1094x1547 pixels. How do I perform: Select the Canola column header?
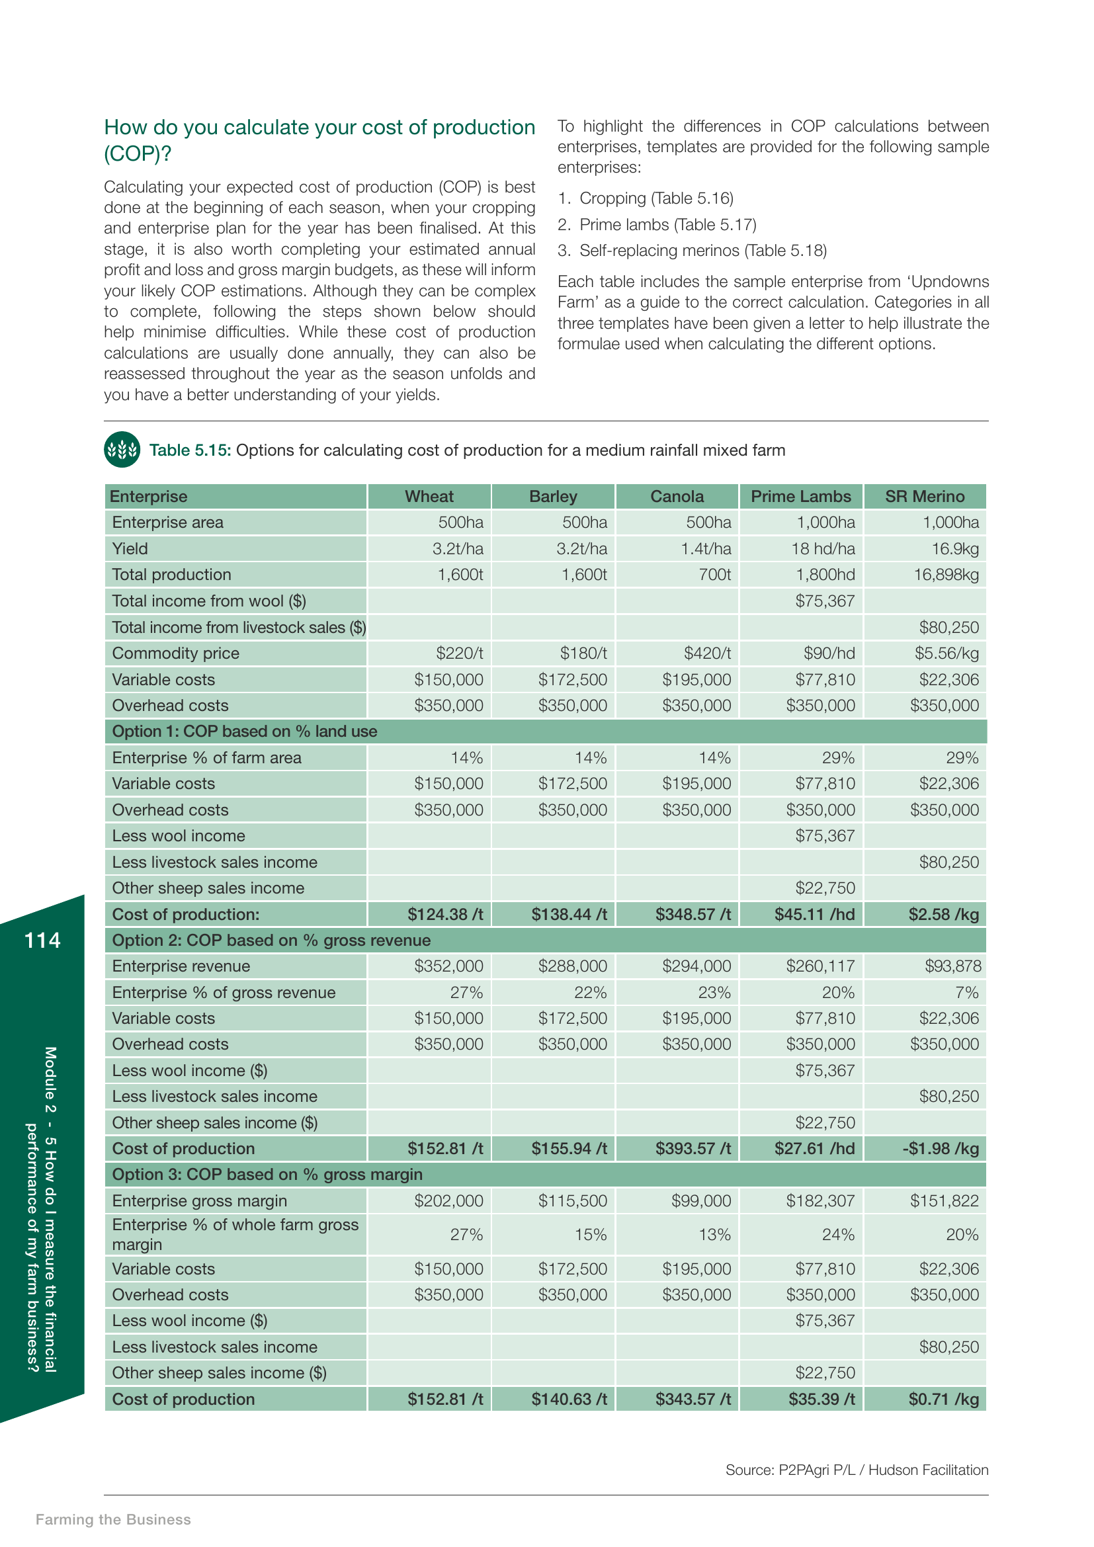pos(677,497)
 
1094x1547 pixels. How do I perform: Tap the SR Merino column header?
pos(924,497)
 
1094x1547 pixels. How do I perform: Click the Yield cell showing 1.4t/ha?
pos(705,549)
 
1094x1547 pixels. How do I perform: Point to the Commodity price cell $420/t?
pos(706,653)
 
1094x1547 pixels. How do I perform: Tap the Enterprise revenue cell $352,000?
pos(448,966)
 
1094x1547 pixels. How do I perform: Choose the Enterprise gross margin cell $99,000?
pos(700,1200)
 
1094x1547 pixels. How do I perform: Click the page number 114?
pos(42,941)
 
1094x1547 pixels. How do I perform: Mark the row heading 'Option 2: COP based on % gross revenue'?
pos(271,941)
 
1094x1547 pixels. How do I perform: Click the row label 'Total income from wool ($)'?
pos(209,601)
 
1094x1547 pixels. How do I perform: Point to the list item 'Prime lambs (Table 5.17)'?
pos(667,224)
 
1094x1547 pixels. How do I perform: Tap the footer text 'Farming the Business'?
pos(113,1519)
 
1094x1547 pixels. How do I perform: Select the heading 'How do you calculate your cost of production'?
pos(319,128)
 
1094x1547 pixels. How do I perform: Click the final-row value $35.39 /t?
pos(821,1400)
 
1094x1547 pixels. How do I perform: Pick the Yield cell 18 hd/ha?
pos(823,549)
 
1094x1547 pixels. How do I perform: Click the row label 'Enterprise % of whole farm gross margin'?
pos(234,1234)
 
